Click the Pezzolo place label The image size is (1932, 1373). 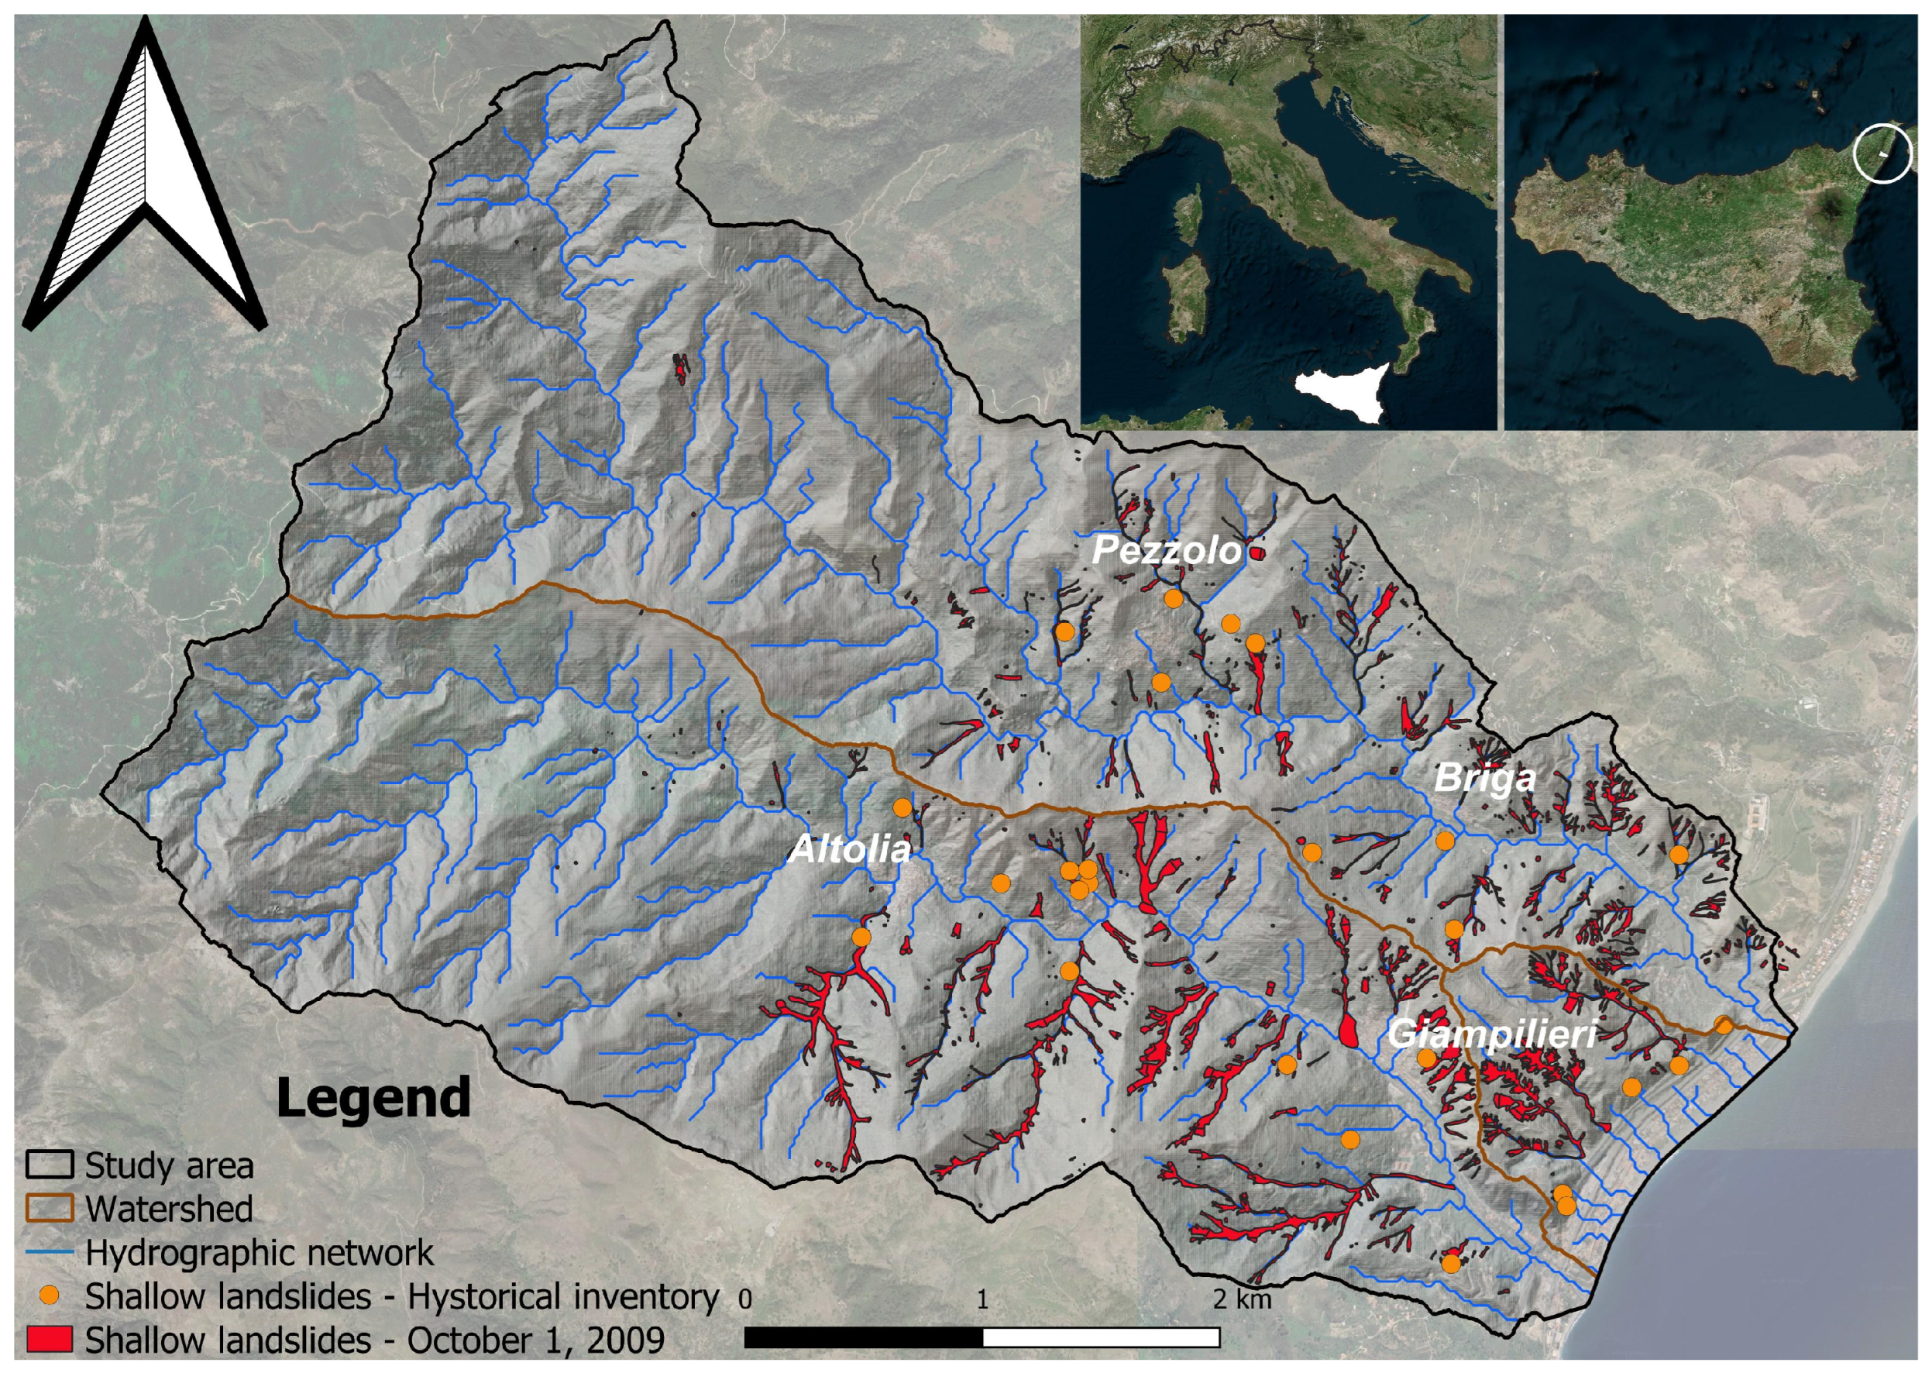pos(1167,551)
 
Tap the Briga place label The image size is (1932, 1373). pos(1485,778)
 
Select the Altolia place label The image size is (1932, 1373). pos(849,848)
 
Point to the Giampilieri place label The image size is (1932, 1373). pos(1492,1034)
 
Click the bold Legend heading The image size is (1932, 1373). pos(373,1097)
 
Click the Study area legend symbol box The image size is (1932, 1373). pos(49,1165)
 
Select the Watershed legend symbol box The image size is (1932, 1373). pos(49,1208)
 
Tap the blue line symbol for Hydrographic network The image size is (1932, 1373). pos(49,1252)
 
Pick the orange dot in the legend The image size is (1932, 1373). pos(50,1296)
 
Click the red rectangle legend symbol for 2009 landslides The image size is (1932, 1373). pos(49,1339)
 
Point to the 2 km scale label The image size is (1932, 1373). pos(1242,1298)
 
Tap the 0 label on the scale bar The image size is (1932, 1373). pos(744,1298)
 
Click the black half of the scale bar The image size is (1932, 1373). pos(863,1337)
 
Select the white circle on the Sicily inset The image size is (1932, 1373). pos(1882,154)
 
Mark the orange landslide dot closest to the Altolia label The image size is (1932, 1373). pos(902,807)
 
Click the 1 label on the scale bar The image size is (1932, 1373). pos(982,1298)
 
